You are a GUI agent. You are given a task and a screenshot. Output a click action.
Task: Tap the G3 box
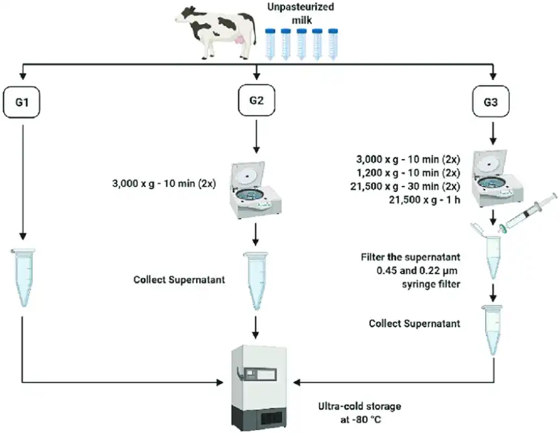[x=492, y=103]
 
